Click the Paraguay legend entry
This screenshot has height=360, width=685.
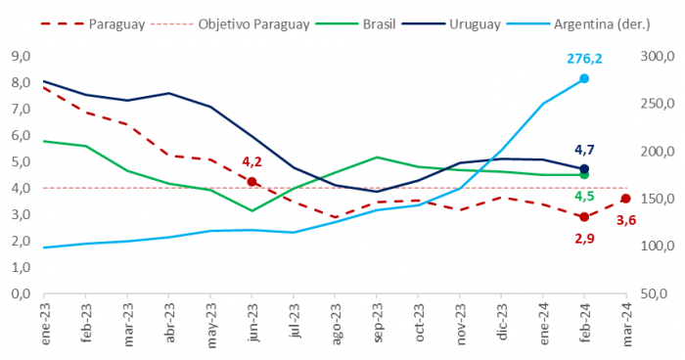(93, 24)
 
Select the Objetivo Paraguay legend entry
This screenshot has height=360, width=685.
(230, 24)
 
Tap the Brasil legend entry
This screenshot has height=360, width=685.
(355, 24)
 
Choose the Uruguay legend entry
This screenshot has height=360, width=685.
(451, 24)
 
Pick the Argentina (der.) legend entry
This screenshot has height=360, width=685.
(578, 24)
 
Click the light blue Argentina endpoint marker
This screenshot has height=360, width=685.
(584, 78)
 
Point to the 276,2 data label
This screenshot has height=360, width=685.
(584, 59)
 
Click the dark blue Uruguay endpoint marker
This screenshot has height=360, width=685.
(584, 169)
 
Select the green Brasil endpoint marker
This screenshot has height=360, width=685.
(584, 175)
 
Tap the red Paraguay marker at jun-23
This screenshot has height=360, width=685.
(251, 182)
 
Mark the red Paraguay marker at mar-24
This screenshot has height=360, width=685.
(625, 199)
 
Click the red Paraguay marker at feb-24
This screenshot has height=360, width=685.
(584, 217)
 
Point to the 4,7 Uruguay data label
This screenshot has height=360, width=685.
(584, 151)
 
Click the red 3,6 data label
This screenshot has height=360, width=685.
(626, 221)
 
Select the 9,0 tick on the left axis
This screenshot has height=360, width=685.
(21, 57)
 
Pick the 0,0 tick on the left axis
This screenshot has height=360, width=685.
(21, 293)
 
